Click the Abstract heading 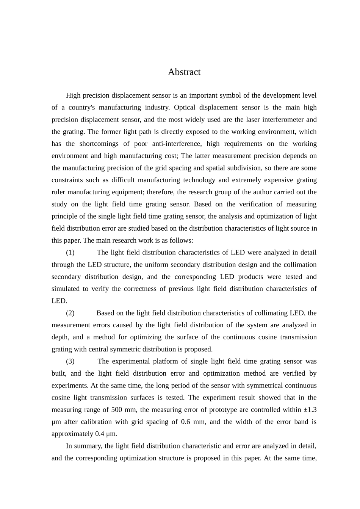[184, 72]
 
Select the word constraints [66, 180]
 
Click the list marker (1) [70, 253]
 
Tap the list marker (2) [70, 313]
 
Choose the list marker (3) [70, 362]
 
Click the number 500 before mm [117, 410]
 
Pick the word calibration [97, 422]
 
